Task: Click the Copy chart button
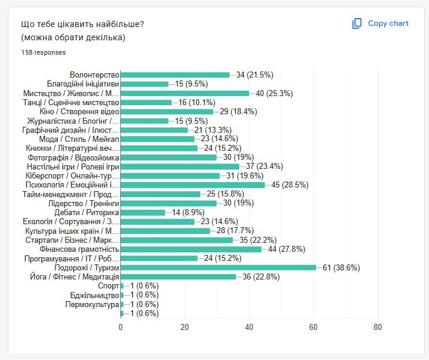point(380,23)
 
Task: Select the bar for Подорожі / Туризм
point(218,267)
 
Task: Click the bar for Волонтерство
point(175,75)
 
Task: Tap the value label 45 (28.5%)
point(290,185)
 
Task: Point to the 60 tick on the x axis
point(313,327)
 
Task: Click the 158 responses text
point(43,52)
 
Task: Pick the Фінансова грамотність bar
point(191,249)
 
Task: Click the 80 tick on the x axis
point(377,327)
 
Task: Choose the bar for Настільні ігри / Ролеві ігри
point(180,166)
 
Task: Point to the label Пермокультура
point(92,304)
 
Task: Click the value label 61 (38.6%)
point(341,267)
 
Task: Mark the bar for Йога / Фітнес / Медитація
point(179,276)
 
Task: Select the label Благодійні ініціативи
point(83,84)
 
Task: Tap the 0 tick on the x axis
point(121,327)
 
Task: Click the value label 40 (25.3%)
point(271,93)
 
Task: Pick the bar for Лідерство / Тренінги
point(168,203)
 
